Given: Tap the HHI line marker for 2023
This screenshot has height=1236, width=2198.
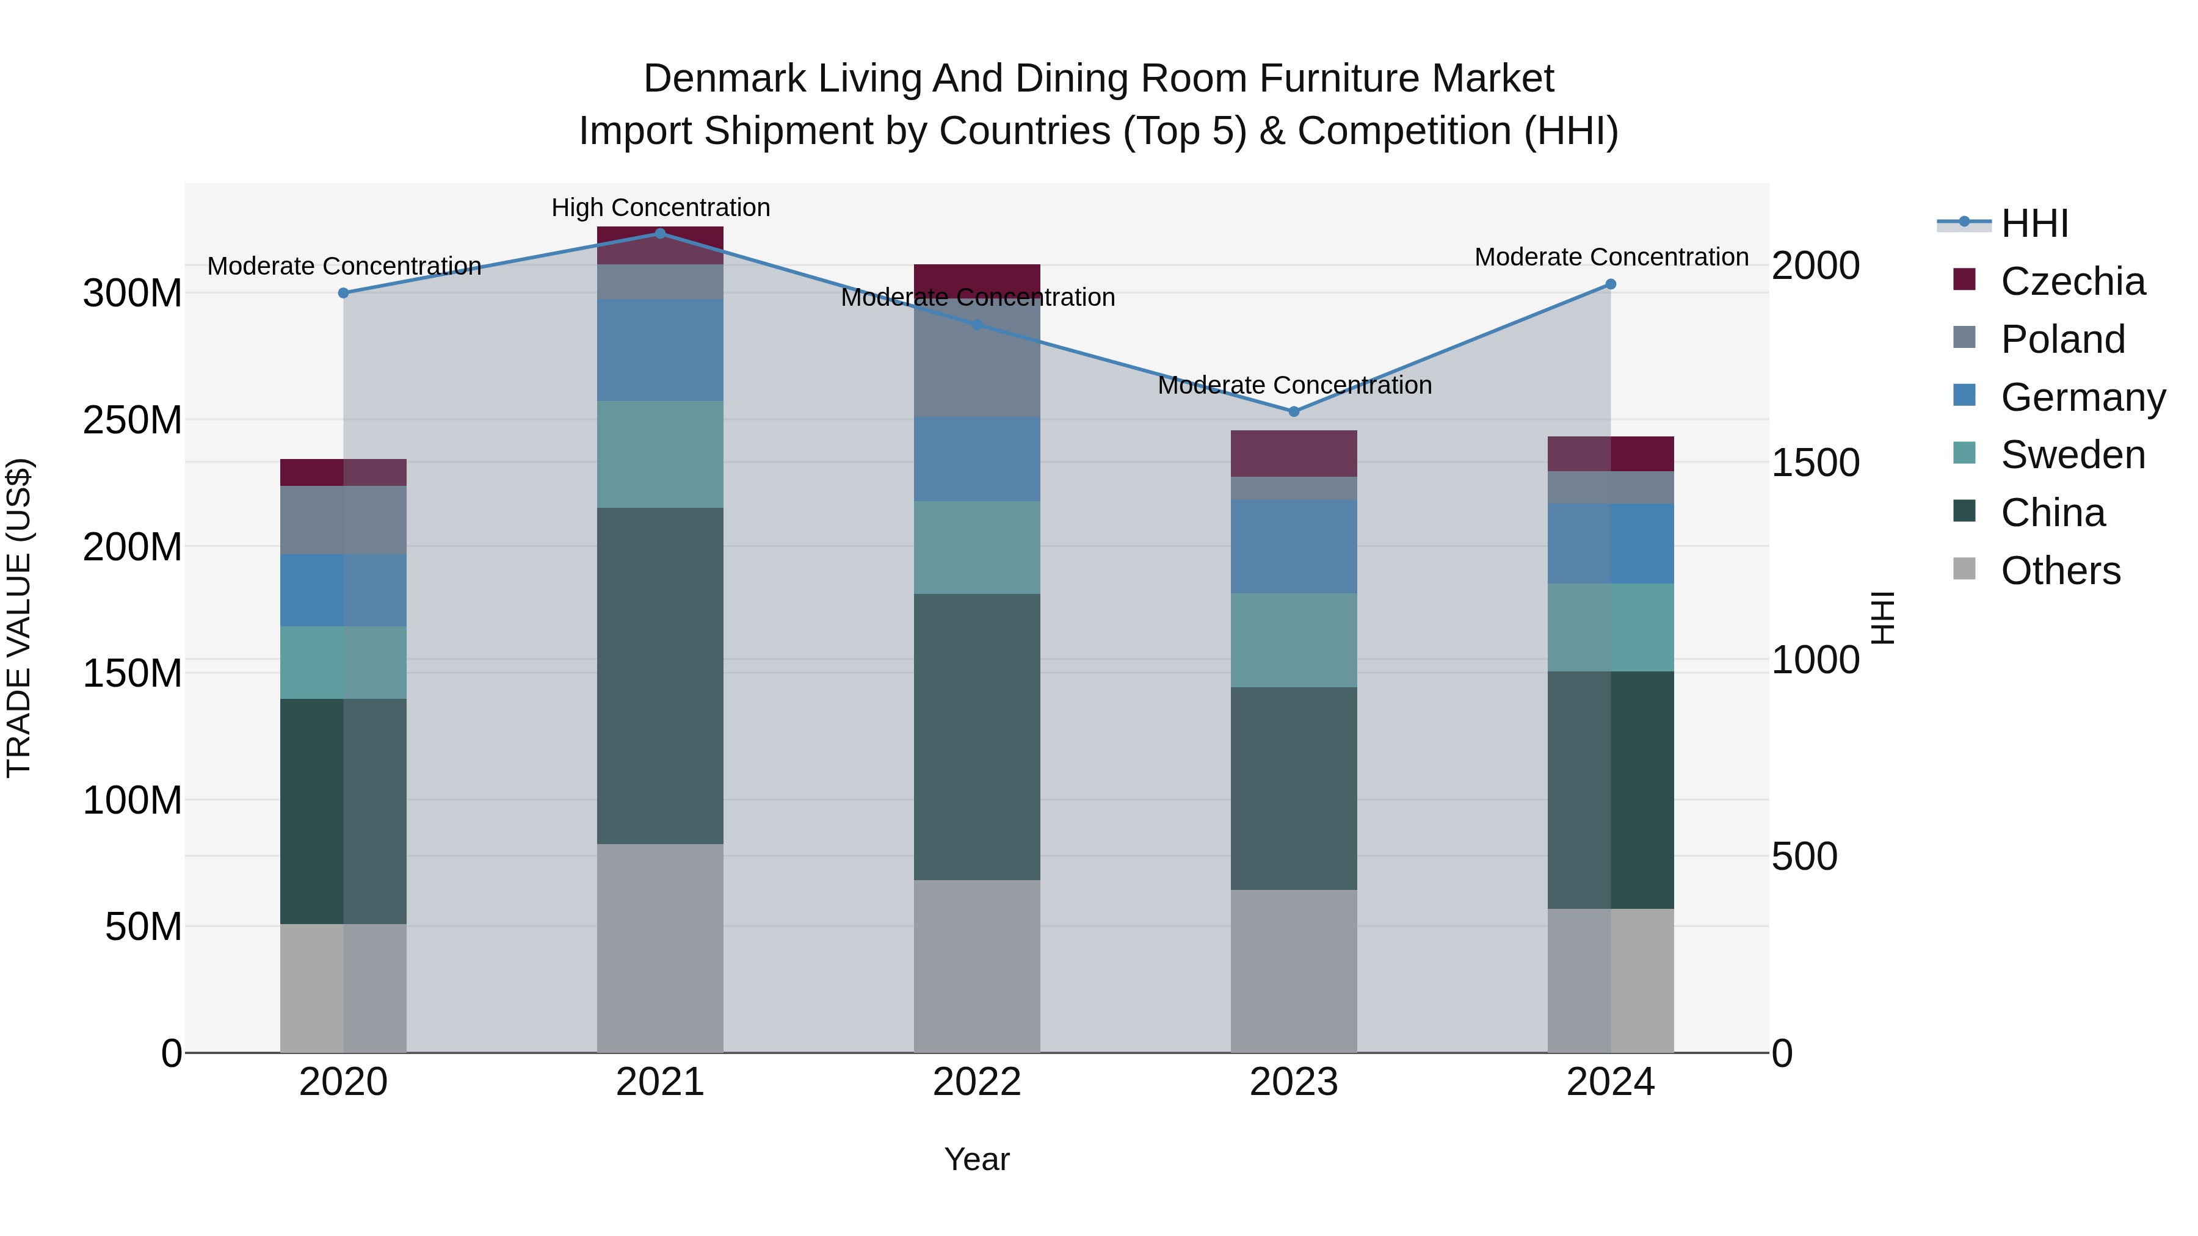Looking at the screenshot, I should click(x=1294, y=411).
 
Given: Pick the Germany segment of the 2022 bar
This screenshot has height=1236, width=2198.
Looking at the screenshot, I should click(x=977, y=459).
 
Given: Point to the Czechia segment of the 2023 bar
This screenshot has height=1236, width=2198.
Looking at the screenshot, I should click(x=1294, y=453).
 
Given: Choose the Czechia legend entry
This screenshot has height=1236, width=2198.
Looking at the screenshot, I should click(x=2072, y=281).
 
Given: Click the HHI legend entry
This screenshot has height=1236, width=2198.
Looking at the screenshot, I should click(x=2034, y=223).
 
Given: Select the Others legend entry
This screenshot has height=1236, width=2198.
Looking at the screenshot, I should click(x=2060, y=571).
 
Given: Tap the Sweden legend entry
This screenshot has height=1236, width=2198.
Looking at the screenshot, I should click(x=2072, y=455).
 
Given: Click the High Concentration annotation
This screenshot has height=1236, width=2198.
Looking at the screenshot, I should click(x=661, y=208).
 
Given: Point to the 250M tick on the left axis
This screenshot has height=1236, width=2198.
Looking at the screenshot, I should click(x=132, y=420).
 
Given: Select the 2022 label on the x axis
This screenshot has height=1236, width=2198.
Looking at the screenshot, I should click(x=977, y=1082).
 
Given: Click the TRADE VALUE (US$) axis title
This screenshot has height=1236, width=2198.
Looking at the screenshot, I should click(x=19, y=618).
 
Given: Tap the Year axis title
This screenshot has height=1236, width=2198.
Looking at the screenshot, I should click(x=977, y=1159).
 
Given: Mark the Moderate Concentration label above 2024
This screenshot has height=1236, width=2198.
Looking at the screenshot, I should click(x=1611, y=257).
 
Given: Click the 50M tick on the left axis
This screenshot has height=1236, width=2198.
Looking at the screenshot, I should click(x=143, y=927).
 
